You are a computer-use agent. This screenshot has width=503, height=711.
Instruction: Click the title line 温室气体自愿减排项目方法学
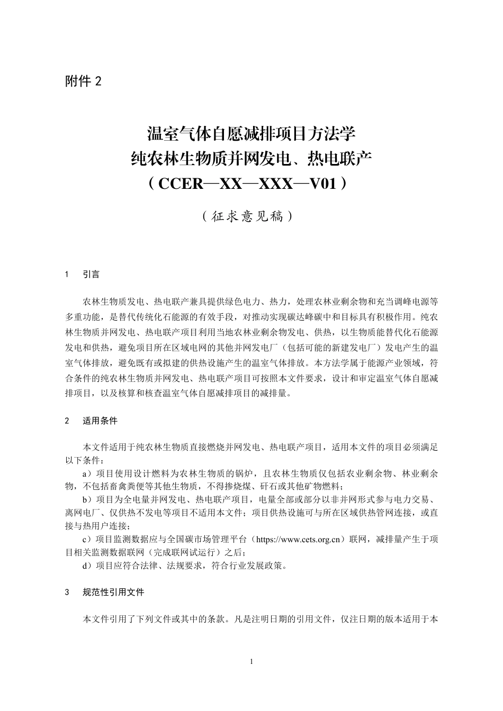coord(251,133)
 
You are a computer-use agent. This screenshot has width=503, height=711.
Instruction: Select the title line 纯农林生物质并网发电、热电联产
coord(251,158)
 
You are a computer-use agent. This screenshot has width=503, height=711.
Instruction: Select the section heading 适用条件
coord(100,421)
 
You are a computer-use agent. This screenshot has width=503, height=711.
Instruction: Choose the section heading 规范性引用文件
coord(113,592)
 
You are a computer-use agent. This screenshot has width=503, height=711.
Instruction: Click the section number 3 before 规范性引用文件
coord(67,592)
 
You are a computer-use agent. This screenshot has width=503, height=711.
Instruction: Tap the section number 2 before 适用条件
coord(67,421)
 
